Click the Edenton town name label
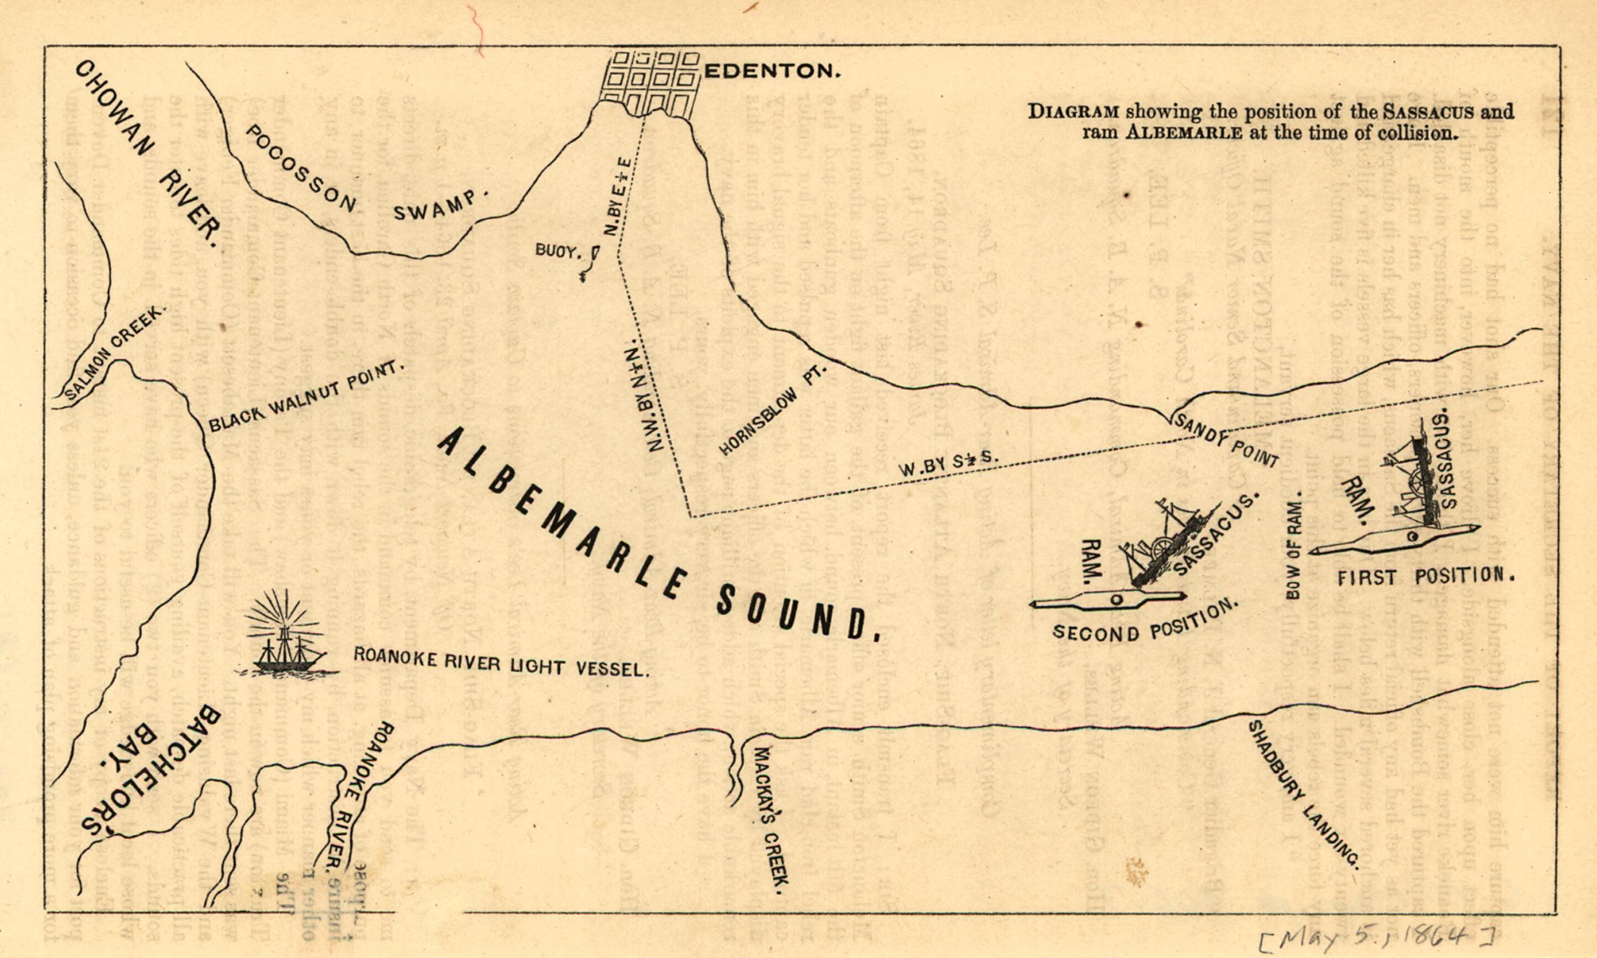point(772,71)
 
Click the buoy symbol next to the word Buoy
point(595,253)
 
